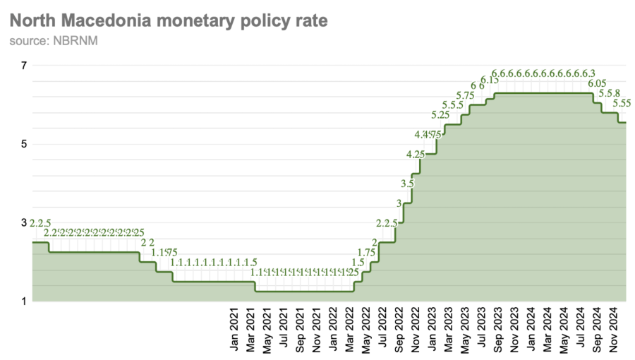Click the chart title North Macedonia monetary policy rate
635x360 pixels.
tap(169, 21)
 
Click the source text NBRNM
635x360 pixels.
tap(54, 41)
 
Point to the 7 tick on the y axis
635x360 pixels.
tap(24, 66)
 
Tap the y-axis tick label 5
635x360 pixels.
tap(24, 144)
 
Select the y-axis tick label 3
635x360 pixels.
tap(24, 222)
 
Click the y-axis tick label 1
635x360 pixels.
tap(24, 301)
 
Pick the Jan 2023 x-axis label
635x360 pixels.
tap(430, 329)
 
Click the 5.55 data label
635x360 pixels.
tap(622, 103)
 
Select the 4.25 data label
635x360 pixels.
tap(416, 154)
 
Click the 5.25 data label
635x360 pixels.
tap(440, 114)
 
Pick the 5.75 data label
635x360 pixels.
tap(465, 95)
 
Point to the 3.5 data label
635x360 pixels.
tap(407, 184)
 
